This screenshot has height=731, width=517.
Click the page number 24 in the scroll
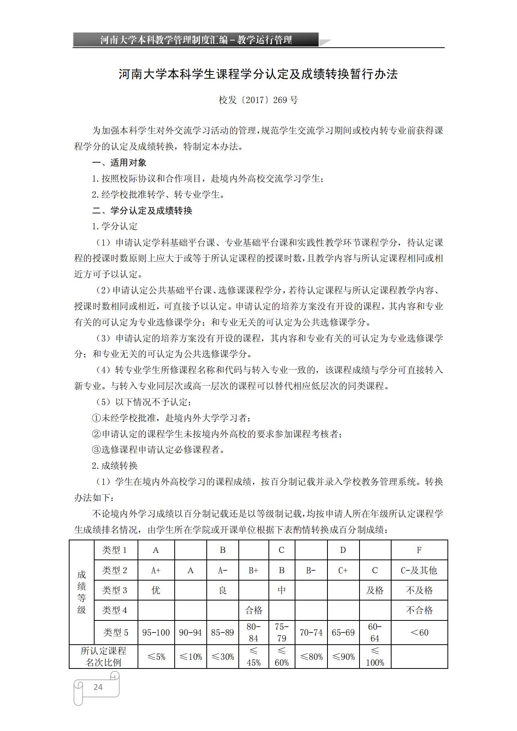pos(98,687)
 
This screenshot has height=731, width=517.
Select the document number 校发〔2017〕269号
pos(258,100)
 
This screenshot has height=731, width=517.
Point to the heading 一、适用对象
pos(119,163)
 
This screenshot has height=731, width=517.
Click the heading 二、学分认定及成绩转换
pos(142,211)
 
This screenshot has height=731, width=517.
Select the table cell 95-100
pos(156,633)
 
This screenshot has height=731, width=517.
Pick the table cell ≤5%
pos(156,657)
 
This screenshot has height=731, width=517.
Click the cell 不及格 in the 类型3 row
pos(419,590)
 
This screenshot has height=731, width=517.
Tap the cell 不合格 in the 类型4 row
pos(419,610)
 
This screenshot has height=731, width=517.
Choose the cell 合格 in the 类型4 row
pos(254,610)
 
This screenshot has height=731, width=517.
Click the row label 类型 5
pos(115,633)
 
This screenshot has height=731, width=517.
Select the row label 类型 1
pos(114,550)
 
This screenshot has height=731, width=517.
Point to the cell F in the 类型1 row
pos(419,550)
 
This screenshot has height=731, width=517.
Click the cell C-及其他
pos(419,570)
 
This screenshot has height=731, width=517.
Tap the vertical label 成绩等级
pos(81,592)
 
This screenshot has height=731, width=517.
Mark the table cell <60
pos(419,633)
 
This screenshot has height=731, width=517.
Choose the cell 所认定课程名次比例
pos(103,657)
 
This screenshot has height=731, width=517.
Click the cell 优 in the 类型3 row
pos(156,590)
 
